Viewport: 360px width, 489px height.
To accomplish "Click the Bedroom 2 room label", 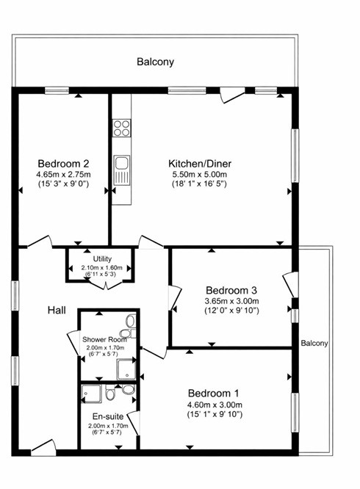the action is click(x=64, y=164).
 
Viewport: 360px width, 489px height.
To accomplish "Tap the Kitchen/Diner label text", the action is click(x=200, y=164).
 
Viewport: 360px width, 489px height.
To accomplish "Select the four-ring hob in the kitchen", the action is click(x=122, y=128).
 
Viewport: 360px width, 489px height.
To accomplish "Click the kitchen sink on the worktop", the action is click(x=122, y=170).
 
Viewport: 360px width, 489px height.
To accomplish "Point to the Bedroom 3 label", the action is click(x=231, y=290).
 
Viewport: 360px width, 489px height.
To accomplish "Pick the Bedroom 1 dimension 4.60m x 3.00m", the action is click(x=215, y=405).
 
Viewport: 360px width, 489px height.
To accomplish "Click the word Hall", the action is click(x=57, y=311).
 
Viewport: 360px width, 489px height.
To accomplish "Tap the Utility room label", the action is click(x=102, y=259).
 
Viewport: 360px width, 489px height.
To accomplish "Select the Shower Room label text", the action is click(x=104, y=340).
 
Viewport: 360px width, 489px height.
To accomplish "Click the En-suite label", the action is click(x=108, y=416).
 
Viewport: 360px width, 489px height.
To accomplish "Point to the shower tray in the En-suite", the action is click(x=91, y=394).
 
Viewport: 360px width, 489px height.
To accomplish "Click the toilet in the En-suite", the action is click(x=110, y=393).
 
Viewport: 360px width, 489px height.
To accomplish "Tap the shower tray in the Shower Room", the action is click(x=126, y=369).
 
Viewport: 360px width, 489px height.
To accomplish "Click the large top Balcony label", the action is click(x=155, y=62).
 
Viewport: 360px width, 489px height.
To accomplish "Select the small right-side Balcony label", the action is click(x=314, y=344).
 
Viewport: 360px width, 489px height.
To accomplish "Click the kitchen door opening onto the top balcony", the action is click(x=232, y=95).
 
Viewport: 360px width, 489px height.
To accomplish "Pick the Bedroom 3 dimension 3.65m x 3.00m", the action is click(x=231, y=301).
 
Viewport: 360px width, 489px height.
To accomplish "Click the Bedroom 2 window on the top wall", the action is click(x=57, y=90).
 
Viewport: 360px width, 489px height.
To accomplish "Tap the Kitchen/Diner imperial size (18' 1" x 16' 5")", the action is click(x=200, y=184).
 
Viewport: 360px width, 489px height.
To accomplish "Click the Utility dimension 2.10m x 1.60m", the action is click(x=101, y=267).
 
